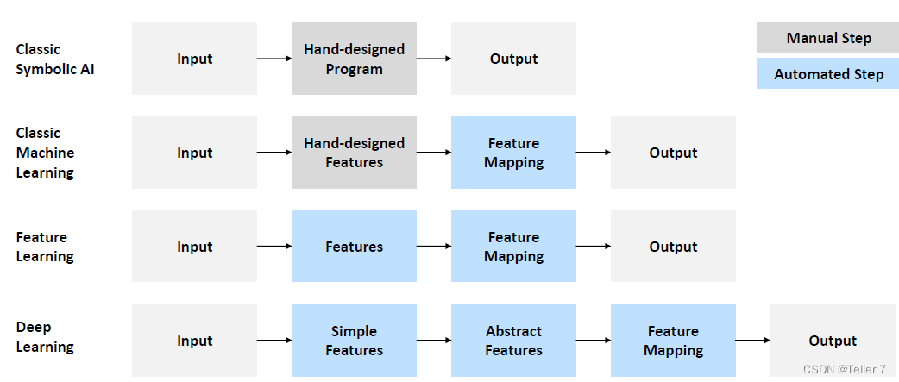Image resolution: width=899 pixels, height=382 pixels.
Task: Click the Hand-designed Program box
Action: [354, 59]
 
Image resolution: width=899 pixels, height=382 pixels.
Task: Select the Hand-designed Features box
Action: [354, 153]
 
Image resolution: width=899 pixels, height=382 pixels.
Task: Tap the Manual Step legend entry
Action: [828, 38]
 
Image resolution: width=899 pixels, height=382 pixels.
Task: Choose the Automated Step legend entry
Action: [828, 74]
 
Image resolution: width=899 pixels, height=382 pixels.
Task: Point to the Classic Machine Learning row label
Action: [45, 153]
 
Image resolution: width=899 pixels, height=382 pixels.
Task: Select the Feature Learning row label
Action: [45, 247]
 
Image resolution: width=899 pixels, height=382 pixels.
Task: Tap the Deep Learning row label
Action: [45, 337]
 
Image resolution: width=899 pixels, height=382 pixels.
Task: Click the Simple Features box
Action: [354, 341]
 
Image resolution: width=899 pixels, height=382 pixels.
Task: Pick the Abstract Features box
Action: [513, 341]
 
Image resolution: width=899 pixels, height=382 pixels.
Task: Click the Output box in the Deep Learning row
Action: [833, 341]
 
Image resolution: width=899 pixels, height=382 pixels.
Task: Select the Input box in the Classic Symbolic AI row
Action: [194, 59]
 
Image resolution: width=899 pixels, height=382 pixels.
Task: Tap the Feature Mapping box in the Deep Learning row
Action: [673, 341]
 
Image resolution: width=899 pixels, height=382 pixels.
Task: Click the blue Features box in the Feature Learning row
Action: [354, 247]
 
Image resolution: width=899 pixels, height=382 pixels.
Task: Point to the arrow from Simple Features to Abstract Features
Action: [434, 341]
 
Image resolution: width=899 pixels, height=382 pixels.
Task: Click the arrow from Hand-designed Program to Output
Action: [434, 59]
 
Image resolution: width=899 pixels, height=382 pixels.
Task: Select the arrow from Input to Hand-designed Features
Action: [274, 153]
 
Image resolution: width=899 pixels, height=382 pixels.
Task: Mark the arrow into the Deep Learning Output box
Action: [753, 341]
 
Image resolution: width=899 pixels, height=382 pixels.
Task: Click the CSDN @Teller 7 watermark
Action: [844, 369]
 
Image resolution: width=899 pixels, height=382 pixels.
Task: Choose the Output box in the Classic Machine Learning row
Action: [673, 153]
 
